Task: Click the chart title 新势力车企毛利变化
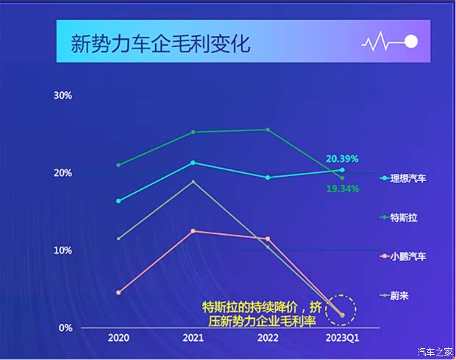tap(160, 43)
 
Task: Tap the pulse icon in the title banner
tap(390, 42)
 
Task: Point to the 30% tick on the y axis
tap(63, 96)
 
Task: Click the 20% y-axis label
tap(63, 173)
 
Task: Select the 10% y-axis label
tap(63, 250)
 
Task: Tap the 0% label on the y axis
tap(65, 328)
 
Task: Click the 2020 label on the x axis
tap(118, 339)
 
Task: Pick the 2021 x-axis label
tap(193, 339)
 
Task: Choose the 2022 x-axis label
tap(267, 339)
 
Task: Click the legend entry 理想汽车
tap(407, 179)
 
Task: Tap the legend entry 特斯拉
tap(403, 218)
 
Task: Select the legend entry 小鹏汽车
tap(407, 257)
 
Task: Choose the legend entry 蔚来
tap(399, 296)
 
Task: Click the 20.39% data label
tap(342, 158)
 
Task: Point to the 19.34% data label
tap(342, 189)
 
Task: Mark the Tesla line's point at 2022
tap(267, 130)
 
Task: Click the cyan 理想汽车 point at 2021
tap(193, 163)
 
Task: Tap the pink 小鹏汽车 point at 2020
tap(118, 292)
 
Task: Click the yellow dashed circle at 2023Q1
tap(341, 311)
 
